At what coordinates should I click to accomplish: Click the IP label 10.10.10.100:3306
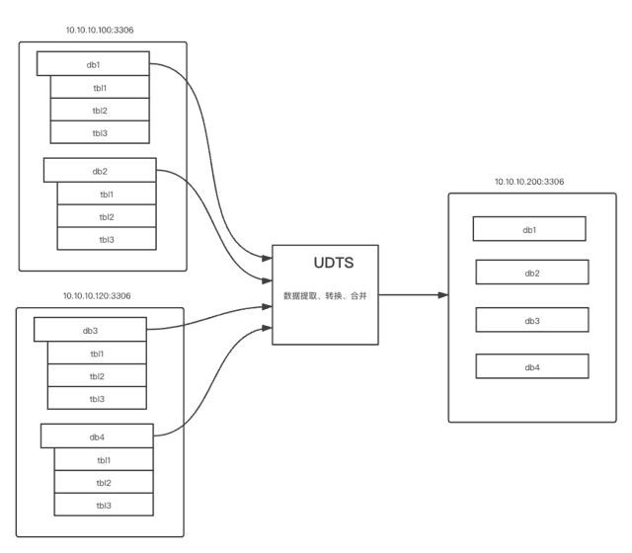100,30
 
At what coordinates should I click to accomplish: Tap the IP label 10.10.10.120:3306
97,296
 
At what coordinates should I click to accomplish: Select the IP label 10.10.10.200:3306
529,182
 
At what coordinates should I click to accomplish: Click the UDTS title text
334,263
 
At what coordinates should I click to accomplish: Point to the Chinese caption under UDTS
325,296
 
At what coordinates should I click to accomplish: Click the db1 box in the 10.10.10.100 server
93,63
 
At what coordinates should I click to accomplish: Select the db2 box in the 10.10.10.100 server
100,170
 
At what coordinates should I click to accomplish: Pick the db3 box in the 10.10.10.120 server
90,330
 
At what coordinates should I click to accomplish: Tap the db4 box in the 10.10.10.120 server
97,436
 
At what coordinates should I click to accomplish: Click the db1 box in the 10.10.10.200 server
529,229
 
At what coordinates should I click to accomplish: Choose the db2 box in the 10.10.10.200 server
532,273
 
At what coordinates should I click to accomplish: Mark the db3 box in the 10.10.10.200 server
532,320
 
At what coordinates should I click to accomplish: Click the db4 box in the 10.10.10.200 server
532,366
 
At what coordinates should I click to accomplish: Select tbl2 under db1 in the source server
100,110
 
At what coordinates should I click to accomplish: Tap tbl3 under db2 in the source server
107,239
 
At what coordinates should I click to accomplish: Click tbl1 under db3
97,354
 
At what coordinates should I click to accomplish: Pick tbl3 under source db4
104,505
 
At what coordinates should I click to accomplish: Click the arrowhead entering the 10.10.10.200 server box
443,295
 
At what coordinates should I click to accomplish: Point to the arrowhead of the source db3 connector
268,307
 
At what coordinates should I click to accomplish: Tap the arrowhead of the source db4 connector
268,328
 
